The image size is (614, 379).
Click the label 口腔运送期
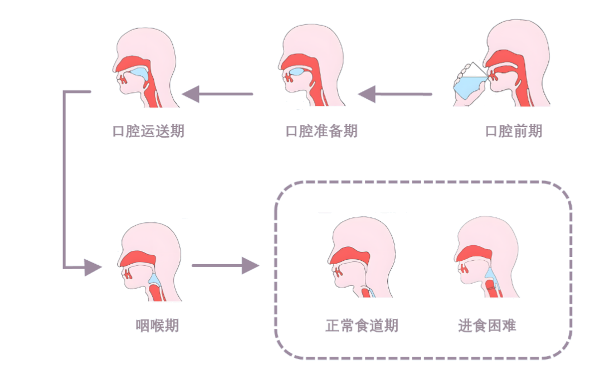(x=148, y=131)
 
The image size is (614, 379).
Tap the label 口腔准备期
(x=321, y=131)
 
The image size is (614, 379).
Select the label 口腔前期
(x=514, y=131)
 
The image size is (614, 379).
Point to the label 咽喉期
(x=158, y=325)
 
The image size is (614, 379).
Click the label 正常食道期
(x=362, y=325)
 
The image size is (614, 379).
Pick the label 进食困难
(x=487, y=325)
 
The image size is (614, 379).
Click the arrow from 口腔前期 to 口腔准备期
(x=394, y=94)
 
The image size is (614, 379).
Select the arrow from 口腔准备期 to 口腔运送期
(x=218, y=94)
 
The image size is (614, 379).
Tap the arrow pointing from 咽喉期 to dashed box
(x=225, y=265)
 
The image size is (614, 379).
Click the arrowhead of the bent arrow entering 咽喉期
(x=93, y=268)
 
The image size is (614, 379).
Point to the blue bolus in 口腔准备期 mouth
(x=297, y=72)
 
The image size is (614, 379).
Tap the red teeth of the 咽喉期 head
(x=128, y=274)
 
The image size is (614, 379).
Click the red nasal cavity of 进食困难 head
(x=473, y=254)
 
